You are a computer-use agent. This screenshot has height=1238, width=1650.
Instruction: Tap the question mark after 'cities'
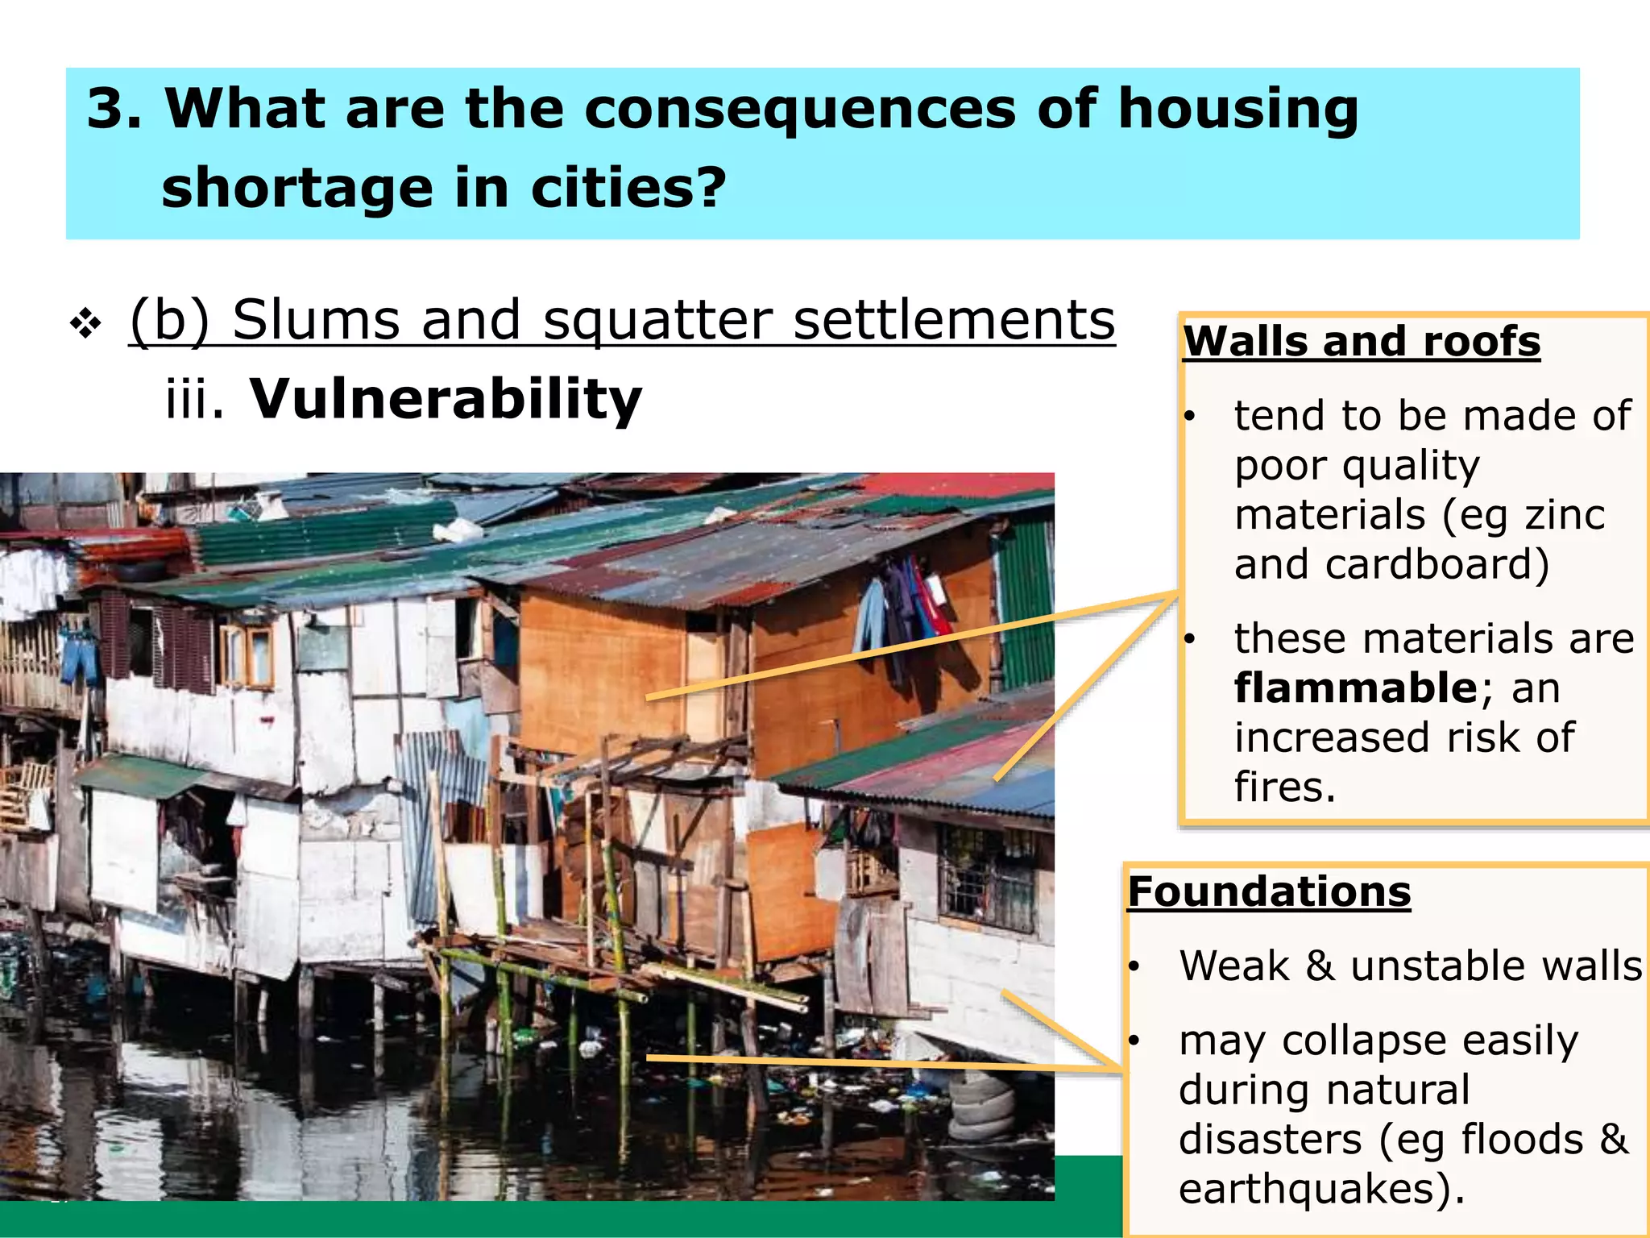click(710, 187)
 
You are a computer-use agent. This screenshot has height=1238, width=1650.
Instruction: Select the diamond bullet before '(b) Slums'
click(85, 324)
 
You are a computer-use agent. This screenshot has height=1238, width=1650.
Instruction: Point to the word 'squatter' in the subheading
click(657, 320)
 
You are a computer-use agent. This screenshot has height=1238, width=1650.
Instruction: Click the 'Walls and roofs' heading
click(1362, 341)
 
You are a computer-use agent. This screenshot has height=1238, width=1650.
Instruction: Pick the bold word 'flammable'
click(1355, 688)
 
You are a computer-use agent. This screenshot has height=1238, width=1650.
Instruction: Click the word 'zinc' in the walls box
click(1565, 515)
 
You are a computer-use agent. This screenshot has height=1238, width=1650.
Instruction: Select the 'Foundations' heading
click(1269, 891)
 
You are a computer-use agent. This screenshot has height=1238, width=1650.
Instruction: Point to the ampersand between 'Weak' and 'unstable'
click(1319, 966)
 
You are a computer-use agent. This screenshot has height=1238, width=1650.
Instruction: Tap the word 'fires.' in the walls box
click(1285, 787)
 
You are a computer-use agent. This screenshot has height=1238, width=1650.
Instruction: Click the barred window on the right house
click(986, 879)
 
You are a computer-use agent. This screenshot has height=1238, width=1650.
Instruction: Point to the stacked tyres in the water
click(981, 1104)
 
